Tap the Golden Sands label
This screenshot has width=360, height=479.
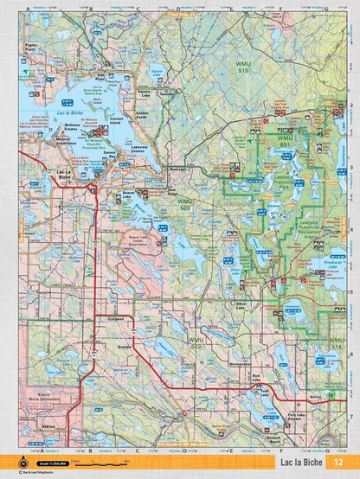coord(144,113)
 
